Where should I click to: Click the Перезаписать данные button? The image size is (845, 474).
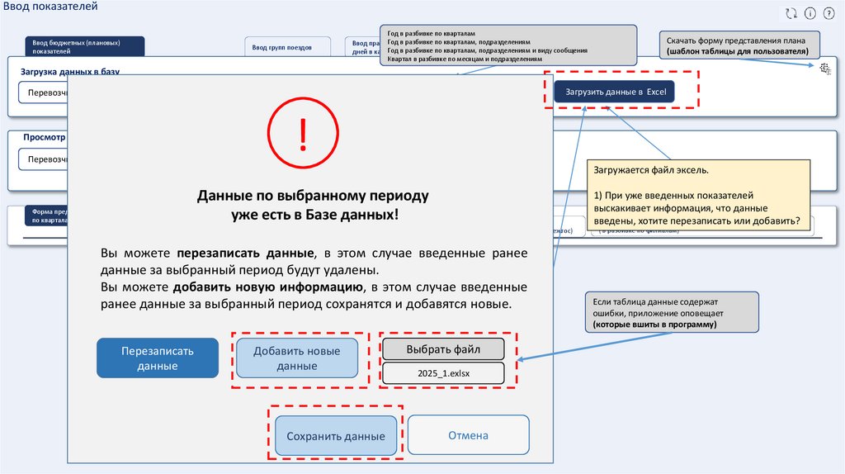pos(158,358)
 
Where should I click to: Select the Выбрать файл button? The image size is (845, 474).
pos(443,348)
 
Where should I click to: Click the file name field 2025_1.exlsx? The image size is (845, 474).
pos(443,373)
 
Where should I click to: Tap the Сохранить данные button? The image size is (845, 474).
pos(330,436)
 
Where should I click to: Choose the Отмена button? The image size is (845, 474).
pos(468,435)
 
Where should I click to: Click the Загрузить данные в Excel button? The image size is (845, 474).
pos(615,91)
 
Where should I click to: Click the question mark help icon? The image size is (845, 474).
pos(829,13)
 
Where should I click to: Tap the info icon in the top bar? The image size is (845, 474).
pos(810,13)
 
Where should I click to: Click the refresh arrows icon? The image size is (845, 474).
pos(791,13)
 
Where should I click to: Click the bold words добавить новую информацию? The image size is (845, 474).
pos(268,287)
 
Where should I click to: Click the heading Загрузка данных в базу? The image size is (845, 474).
pos(70,72)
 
